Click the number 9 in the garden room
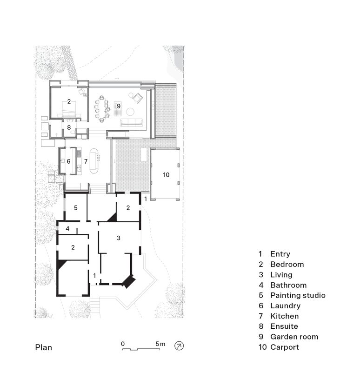(119, 106)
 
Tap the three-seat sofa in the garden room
(132, 122)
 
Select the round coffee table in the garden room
(130, 112)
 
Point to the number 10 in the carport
(166, 175)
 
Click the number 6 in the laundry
(68, 161)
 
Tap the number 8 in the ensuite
(69, 127)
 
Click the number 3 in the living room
(119, 238)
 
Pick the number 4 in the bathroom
(67, 229)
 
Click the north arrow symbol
(179, 345)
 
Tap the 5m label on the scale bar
(160, 344)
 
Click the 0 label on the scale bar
(123, 344)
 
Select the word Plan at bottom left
(44, 347)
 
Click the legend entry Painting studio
(298, 295)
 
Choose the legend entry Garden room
(294, 337)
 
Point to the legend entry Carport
(285, 347)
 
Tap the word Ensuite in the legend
(284, 326)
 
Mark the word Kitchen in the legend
(284, 316)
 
